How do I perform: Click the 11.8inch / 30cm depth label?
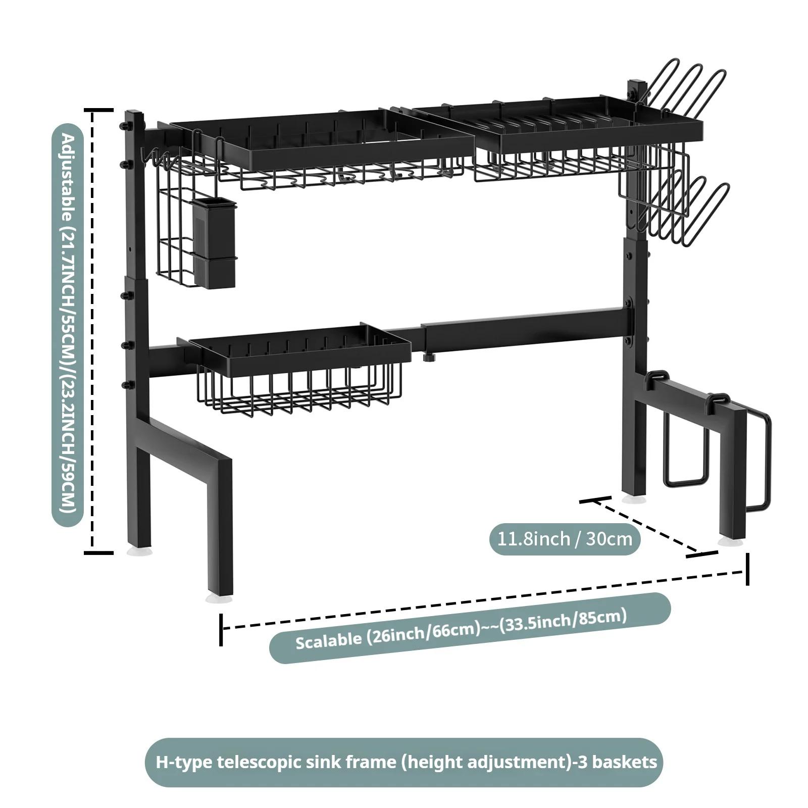tap(565, 539)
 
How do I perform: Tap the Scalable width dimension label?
tap(470, 628)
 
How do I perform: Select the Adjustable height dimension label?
tap(68, 325)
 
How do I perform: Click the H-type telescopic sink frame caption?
tap(403, 762)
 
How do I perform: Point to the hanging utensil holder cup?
tap(214, 243)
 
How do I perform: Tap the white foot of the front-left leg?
tap(219, 598)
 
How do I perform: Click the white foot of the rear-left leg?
tap(139, 551)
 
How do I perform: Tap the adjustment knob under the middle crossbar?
tap(430, 357)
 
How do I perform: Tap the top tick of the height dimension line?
tap(98, 110)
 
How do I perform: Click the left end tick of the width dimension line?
tap(221, 629)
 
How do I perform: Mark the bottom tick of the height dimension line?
tap(98, 552)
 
